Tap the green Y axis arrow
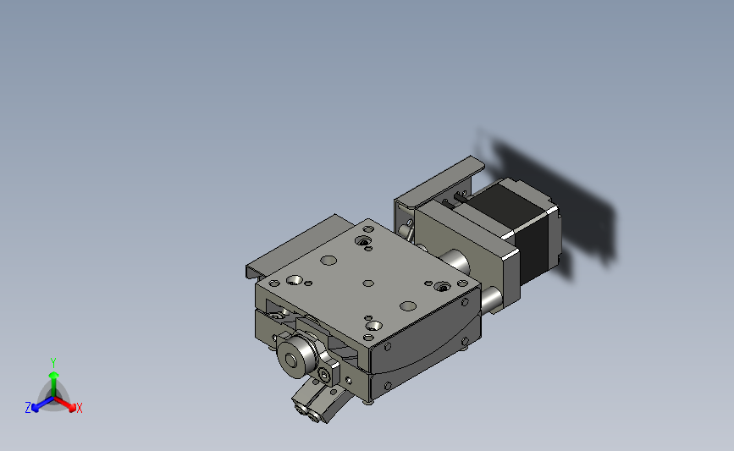54,383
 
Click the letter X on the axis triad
79,408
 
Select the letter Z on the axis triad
28,408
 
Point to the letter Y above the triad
52,363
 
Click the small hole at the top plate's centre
368,283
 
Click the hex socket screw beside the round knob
324,374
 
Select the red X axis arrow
64,404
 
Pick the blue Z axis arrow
43,404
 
